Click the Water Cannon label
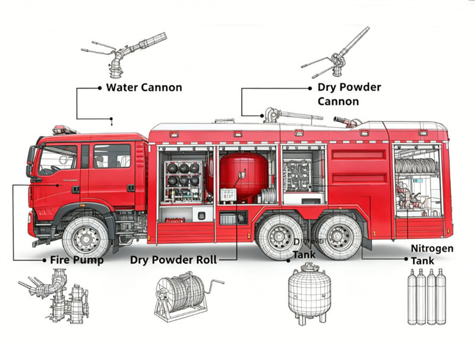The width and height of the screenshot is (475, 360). point(144,87)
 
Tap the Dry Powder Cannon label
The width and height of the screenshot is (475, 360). point(349,94)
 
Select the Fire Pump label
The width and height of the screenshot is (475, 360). point(77,260)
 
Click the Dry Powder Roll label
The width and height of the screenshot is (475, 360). point(173,260)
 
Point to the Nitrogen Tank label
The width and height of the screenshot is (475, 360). point(432,254)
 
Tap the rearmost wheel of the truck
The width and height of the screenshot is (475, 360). point(339,236)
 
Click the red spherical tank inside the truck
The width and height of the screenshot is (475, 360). point(243,175)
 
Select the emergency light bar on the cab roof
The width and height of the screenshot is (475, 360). point(64,130)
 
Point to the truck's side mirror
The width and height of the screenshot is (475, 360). point(31,159)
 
